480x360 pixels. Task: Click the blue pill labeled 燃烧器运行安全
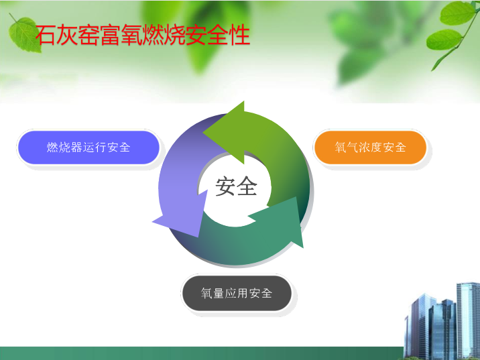coord(88,147)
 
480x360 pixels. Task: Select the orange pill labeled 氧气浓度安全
coord(370,147)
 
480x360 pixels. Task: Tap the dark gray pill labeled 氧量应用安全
coord(237,293)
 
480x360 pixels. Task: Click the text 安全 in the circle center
coord(236,186)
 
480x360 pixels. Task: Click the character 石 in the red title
coord(46,36)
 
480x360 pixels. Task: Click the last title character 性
coord(240,36)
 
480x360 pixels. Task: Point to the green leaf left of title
coord(25,34)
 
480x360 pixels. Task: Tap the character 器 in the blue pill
coord(76,147)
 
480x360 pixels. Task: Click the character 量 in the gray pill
coord(219,293)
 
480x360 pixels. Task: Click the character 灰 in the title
coord(67,36)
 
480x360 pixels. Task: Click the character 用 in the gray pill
coord(242,293)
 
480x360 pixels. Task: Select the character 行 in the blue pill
coord(101,147)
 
